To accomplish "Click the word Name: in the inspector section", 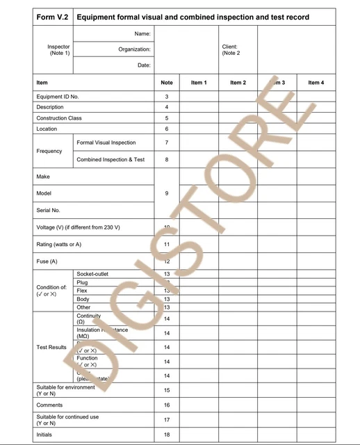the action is tap(142, 33).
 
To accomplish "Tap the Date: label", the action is tap(144, 65).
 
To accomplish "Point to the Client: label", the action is tap(229, 47).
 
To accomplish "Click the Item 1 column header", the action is tap(199, 83).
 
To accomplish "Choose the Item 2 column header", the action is tap(238, 83).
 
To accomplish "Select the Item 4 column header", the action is tap(316, 83).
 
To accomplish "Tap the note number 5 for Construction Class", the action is tap(167, 118).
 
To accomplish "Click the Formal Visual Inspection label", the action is tap(106, 143).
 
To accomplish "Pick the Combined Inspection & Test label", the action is tap(111, 159).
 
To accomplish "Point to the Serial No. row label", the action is tap(48, 209).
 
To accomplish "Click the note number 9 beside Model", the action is tap(167, 193).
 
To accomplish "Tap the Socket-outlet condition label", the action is tap(92, 274).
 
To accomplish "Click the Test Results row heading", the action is tap(51, 347).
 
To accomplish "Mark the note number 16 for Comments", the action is tap(167, 405).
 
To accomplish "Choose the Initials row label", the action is tap(44, 435).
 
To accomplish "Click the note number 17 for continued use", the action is tap(167, 420).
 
